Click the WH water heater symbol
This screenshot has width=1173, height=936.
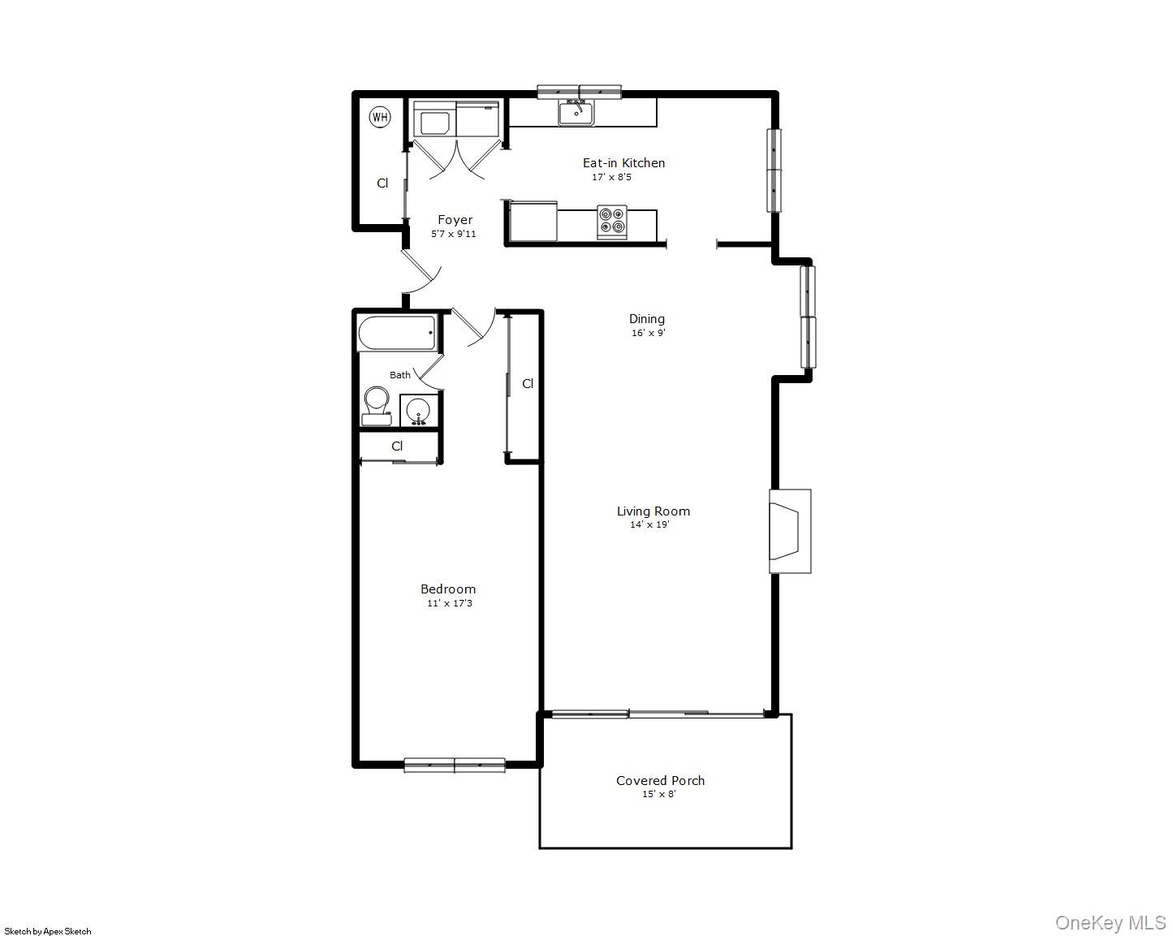380,117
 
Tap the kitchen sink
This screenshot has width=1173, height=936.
576,112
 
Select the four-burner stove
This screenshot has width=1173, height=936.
613,222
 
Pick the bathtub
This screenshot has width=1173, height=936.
397,333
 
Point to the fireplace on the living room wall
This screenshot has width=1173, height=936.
788,531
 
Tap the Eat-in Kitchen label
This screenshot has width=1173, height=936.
623,162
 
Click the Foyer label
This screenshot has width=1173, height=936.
455,219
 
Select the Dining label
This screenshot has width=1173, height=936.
647,318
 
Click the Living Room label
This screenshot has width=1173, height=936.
653,511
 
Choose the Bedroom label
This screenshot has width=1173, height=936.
448,589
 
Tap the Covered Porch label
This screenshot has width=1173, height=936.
660,780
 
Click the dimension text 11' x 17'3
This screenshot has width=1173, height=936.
450,603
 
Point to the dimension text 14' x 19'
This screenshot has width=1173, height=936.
649,524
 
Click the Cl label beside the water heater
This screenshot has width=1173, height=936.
382,183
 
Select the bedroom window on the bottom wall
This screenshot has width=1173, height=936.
455,765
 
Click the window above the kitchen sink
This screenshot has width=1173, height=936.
580,92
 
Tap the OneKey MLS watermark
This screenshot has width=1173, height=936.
1110,922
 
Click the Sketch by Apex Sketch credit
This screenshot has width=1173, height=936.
48,931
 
